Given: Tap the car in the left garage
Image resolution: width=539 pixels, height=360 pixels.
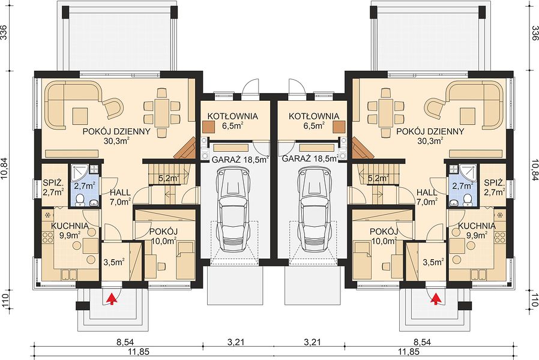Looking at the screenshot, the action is (234, 207).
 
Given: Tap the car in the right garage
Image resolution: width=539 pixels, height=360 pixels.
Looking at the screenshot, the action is (314, 207).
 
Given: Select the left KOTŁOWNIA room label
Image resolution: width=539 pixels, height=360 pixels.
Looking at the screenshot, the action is (233, 116).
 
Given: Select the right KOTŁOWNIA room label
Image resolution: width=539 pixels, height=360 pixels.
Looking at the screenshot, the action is (314, 116).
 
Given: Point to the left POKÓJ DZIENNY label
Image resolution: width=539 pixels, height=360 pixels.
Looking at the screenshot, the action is (116, 131).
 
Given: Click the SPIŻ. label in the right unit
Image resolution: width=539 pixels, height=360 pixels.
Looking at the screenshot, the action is (495, 182).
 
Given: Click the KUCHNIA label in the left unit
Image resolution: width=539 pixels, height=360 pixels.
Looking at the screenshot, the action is (70, 226).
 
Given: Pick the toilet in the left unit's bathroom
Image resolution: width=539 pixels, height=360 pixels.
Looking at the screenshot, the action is (80, 200).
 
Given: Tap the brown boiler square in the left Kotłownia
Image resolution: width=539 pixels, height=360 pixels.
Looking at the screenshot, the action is (208, 126).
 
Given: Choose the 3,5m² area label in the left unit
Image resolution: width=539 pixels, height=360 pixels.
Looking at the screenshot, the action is (114, 262).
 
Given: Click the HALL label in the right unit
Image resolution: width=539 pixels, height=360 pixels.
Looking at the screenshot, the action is (427, 193).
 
